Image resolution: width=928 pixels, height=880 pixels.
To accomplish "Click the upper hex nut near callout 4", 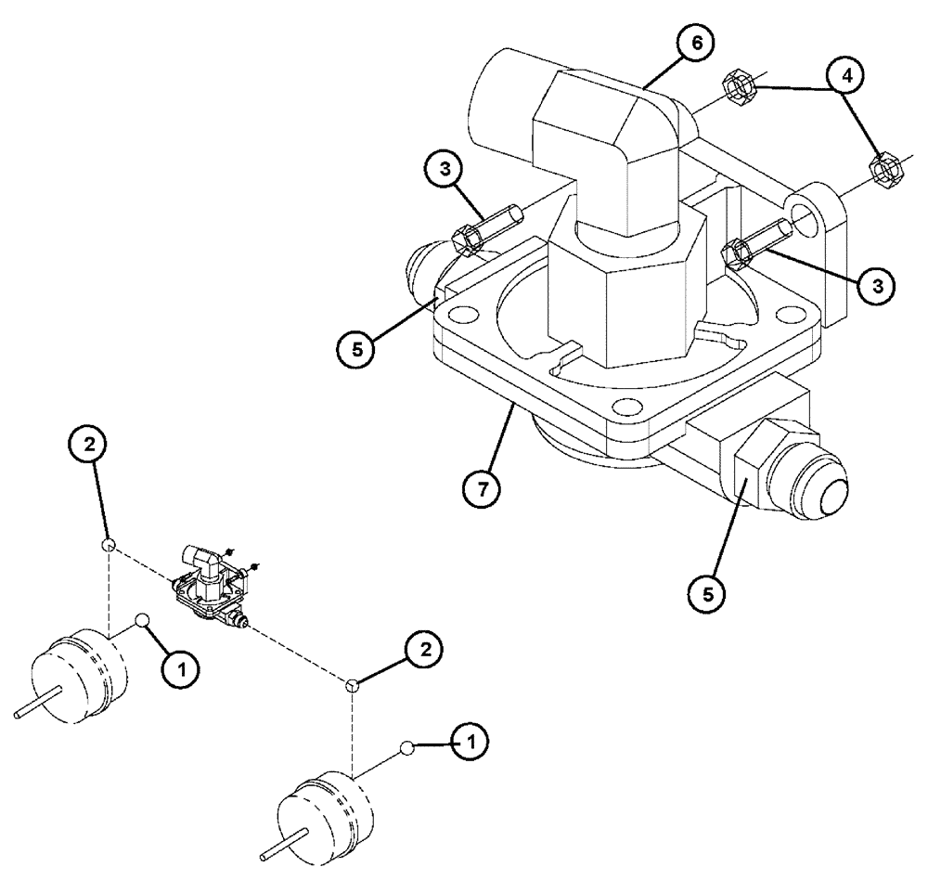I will [x=740, y=86].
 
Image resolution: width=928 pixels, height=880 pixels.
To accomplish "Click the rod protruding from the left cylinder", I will [x=38, y=706].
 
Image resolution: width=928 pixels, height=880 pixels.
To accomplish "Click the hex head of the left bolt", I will [x=466, y=240].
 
